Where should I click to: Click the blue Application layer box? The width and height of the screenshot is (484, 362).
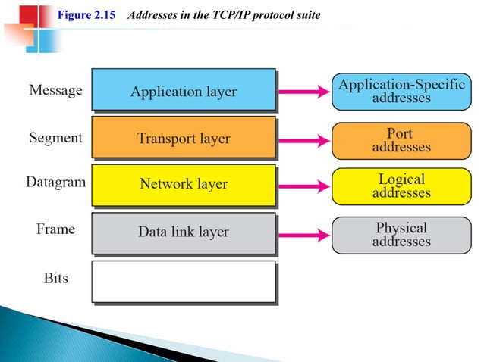tap(183, 91)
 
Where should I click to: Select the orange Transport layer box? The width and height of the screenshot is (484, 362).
tap(183, 138)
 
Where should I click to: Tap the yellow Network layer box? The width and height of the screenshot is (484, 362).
tap(183, 184)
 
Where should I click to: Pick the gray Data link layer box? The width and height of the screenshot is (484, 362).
tap(183, 232)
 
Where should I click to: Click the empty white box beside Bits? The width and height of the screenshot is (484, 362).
tap(183, 281)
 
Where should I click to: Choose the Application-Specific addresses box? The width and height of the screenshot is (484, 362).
tap(401, 91)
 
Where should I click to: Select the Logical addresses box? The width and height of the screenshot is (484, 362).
tap(401, 186)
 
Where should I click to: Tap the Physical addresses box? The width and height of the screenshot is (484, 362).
tap(401, 233)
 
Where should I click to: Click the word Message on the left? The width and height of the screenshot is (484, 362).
tap(55, 91)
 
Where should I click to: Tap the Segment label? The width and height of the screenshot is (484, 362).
tap(55, 139)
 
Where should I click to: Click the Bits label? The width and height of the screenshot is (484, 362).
tap(55, 278)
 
